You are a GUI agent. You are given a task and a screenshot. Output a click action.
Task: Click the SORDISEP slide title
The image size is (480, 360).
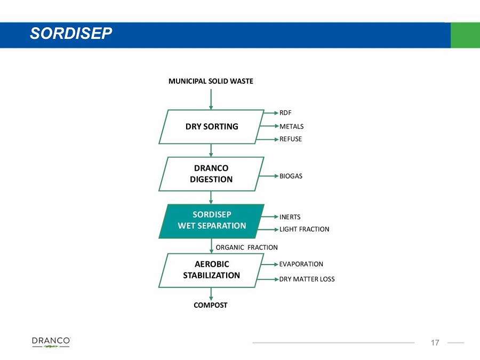tap(71, 33)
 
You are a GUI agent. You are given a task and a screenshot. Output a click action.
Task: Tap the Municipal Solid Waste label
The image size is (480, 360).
tap(211, 81)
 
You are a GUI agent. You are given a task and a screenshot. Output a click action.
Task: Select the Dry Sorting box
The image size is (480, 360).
tap(212, 127)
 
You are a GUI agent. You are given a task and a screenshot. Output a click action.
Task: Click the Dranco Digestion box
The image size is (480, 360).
tap(212, 174)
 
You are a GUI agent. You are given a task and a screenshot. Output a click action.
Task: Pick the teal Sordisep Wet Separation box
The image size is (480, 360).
tap(212, 221)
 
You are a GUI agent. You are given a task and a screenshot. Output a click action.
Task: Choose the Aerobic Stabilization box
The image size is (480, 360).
tap(212, 270)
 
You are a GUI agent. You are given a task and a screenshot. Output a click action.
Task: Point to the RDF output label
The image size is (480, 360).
tap(285, 113)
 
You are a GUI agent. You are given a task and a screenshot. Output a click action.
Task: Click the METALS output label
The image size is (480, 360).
tap(291, 126)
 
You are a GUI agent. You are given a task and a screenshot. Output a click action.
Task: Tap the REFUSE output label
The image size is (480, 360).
tap(291, 139)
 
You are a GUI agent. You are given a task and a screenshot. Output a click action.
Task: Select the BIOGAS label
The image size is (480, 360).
tap(291, 176)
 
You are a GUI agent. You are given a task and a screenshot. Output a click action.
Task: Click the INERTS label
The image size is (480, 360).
tap(290, 217)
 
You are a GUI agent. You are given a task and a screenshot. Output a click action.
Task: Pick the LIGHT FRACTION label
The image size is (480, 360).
tap(305, 229)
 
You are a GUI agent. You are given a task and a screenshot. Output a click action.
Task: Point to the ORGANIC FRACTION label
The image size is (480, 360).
tap(247, 247)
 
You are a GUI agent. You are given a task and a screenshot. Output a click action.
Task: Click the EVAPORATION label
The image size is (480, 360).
tap(301, 264)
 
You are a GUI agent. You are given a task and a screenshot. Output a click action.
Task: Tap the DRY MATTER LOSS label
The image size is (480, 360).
tap(307, 279)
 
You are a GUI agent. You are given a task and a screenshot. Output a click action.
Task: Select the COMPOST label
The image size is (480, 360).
tap(211, 305)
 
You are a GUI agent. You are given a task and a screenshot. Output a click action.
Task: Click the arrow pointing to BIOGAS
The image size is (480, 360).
tap(269, 176)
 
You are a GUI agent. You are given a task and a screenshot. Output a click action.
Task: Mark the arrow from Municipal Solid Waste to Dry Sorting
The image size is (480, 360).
tap(211, 100)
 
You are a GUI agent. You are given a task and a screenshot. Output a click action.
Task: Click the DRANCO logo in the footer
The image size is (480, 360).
tap(51, 342)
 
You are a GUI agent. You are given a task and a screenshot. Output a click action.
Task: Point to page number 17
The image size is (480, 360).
tap(435, 342)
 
